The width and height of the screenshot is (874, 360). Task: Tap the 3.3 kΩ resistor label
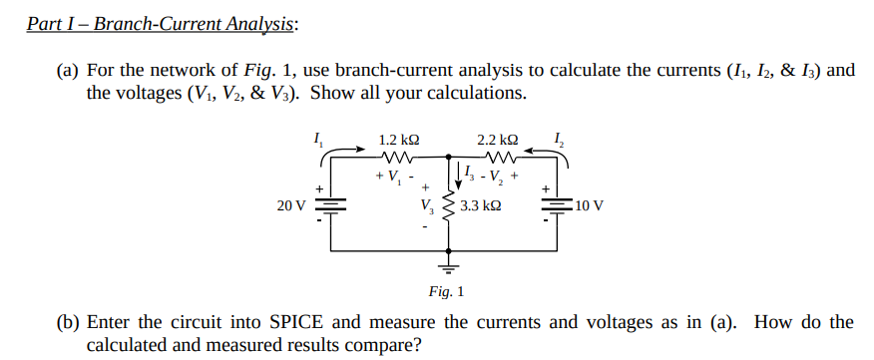coord(480,207)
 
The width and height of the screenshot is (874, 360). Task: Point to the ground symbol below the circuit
coord(447,266)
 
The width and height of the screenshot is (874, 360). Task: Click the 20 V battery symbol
coord(329,204)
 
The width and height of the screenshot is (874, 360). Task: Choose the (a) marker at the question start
coord(68,72)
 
